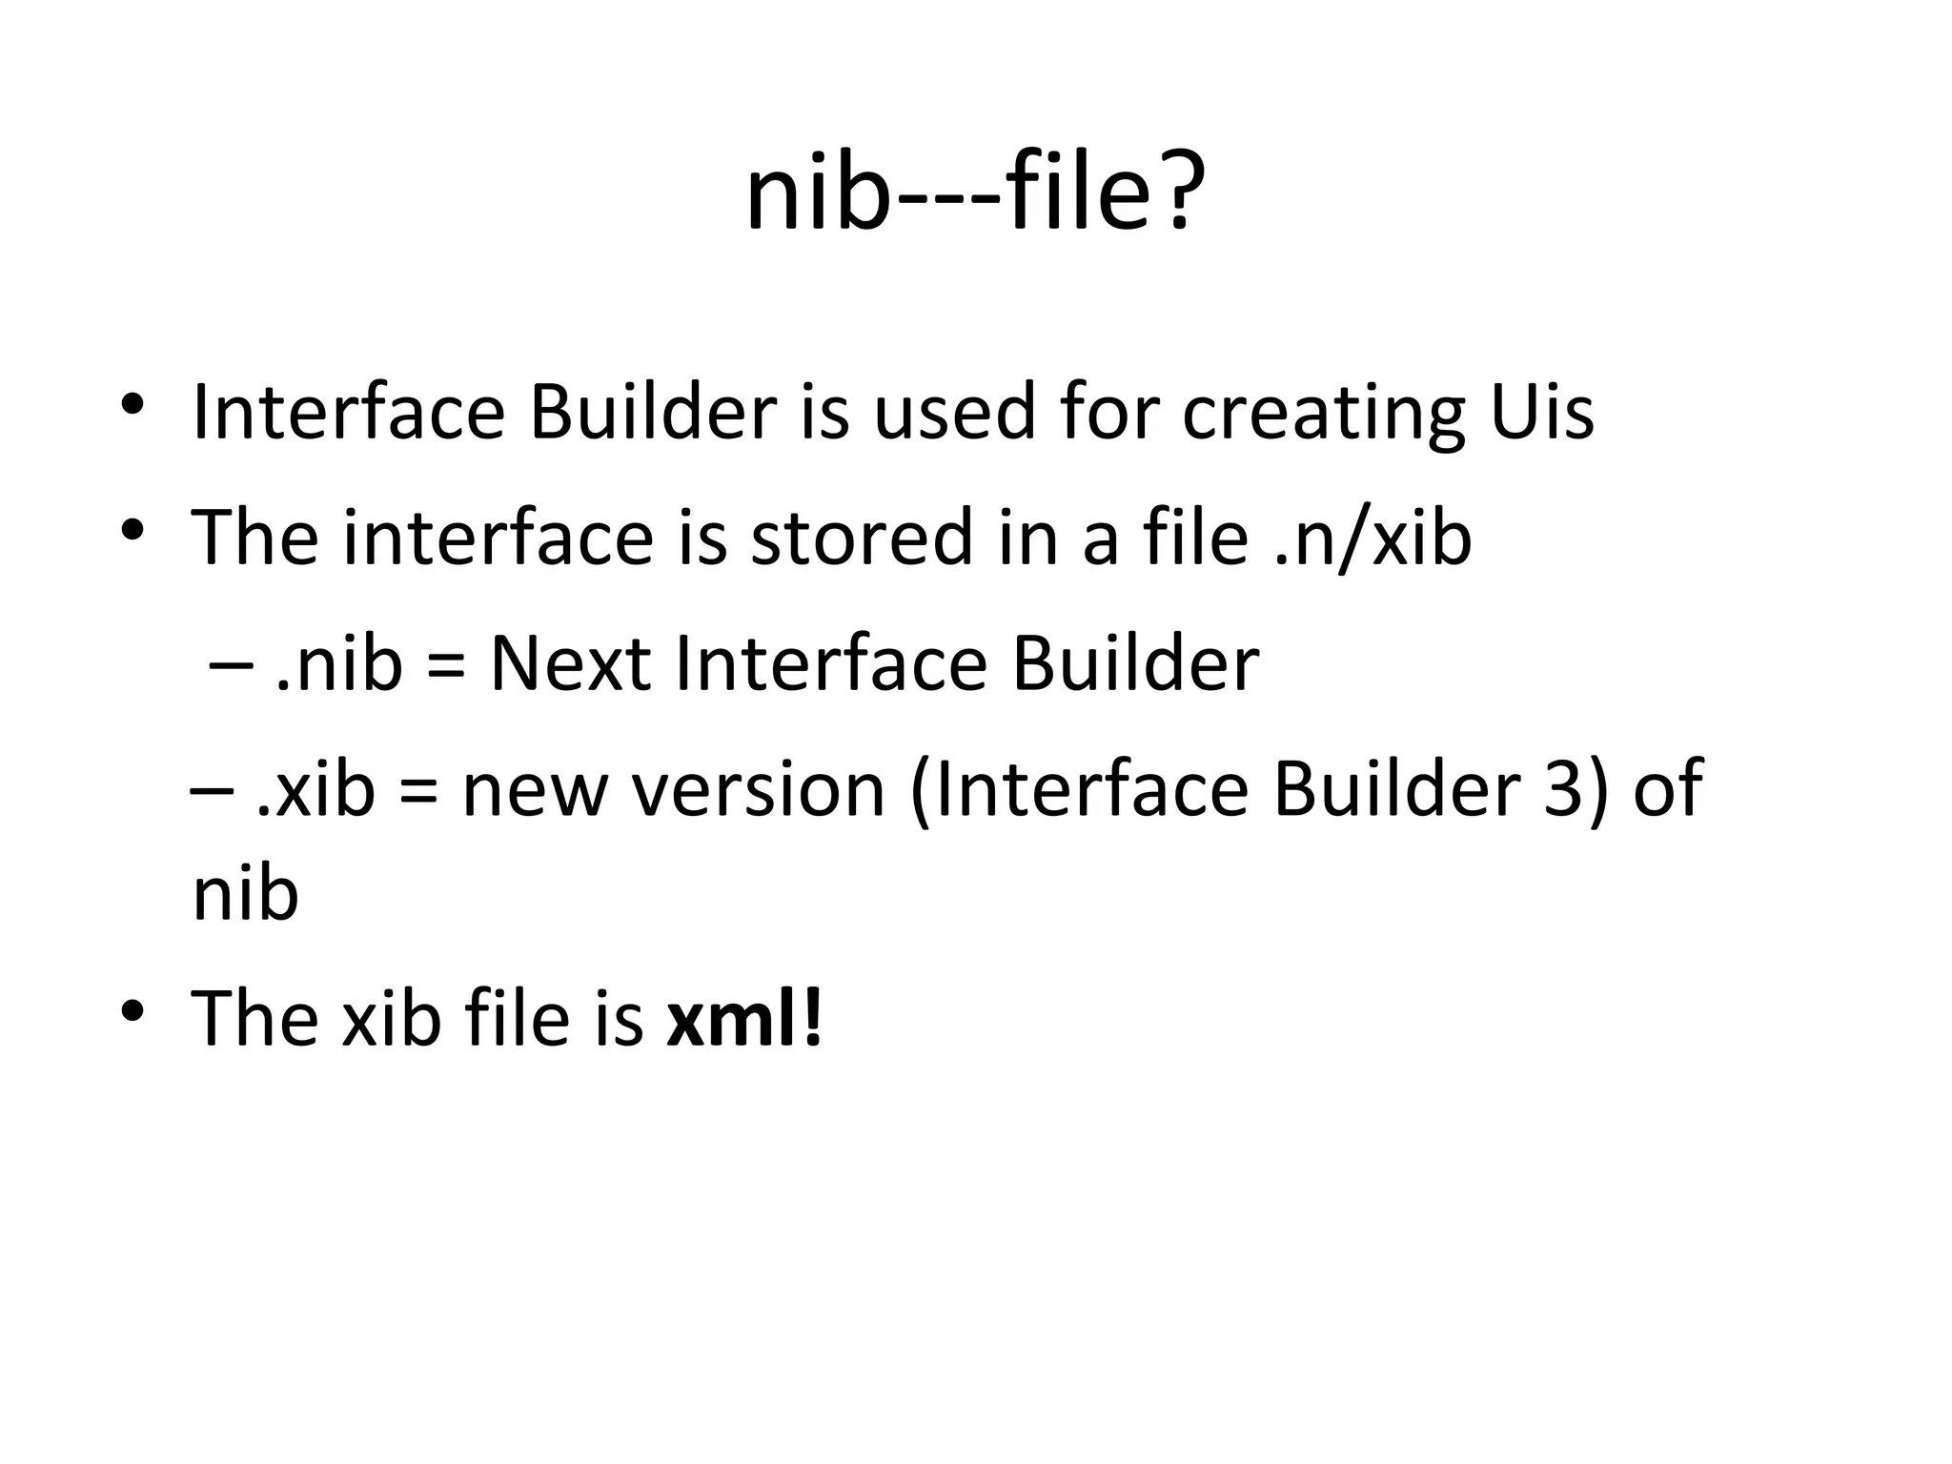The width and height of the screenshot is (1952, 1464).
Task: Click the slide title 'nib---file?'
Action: tap(975, 195)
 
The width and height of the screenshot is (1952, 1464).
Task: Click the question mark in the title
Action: tap(1179, 195)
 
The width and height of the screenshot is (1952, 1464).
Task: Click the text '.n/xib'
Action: tap(1372, 539)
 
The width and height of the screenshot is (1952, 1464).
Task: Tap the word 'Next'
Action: tap(570, 663)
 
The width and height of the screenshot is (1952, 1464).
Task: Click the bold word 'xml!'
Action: tap(743, 1018)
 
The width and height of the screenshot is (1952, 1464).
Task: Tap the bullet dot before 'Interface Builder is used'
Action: tap(132, 404)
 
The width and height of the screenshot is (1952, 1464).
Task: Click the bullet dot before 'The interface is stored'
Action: tap(132, 529)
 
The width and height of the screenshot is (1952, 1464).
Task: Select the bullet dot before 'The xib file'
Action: tap(132, 1009)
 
